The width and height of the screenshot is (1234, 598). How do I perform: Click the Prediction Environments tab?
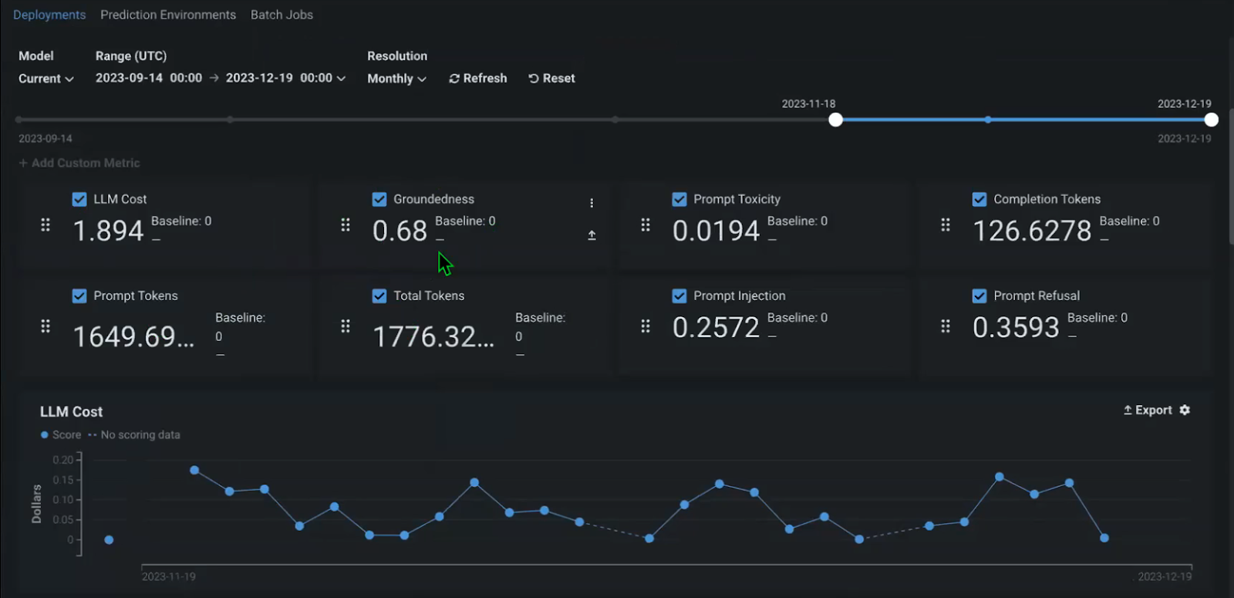[x=167, y=15]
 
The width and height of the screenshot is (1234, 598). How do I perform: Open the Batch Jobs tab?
[x=282, y=15]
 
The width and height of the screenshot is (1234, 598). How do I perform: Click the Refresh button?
[x=478, y=78]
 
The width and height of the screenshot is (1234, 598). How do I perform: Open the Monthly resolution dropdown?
[x=396, y=79]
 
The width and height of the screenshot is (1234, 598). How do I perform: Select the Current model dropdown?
[x=46, y=79]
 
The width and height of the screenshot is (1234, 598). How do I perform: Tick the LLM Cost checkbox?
[x=79, y=199]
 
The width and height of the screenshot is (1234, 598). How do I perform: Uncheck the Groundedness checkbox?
[x=379, y=199]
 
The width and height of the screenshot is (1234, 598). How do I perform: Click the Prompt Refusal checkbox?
[x=979, y=296]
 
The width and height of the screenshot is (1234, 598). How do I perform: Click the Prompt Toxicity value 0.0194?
[x=716, y=231]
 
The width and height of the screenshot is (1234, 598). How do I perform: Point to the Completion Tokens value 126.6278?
[x=1032, y=231]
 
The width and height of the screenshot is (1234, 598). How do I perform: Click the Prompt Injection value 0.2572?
[x=716, y=328]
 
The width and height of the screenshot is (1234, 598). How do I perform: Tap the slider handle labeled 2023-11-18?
[x=835, y=120]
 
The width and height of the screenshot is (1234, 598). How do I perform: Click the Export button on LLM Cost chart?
[x=1148, y=410]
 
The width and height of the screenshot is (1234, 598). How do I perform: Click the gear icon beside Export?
[x=1185, y=410]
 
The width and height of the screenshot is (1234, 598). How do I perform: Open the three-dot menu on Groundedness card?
[x=592, y=203]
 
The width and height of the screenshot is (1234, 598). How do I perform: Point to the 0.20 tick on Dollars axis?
[x=63, y=460]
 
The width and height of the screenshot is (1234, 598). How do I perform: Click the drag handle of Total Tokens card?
[x=346, y=326]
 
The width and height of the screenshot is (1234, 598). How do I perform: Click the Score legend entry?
[x=61, y=435]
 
